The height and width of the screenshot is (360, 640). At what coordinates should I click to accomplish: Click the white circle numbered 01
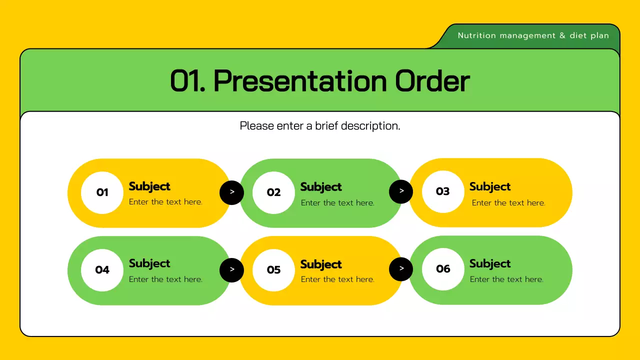[x=102, y=192]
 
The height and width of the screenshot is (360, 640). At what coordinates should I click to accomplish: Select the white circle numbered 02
[x=273, y=192]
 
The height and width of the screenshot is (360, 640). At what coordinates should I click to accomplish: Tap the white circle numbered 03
[x=443, y=191]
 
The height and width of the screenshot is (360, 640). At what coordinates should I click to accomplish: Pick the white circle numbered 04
[x=102, y=270]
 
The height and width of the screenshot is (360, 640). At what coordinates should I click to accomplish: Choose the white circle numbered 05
[x=273, y=270]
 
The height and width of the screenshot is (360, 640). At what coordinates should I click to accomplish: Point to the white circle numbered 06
[x=443, y=269]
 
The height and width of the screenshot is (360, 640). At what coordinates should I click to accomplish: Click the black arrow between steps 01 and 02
[x=232, y=192]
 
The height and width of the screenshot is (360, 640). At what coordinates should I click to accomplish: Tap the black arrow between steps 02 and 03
[x=401, y=191]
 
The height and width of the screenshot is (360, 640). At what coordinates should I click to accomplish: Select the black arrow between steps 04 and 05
[x=232, y=270]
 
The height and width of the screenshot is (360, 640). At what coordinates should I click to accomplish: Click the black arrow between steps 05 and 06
[x=401, y=269]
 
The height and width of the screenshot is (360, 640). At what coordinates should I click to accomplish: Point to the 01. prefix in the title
[x=188, y=81]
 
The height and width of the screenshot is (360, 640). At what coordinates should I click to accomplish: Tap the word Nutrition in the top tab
[x=477, y=35]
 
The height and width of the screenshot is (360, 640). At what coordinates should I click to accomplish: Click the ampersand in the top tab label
[x=562, y=35]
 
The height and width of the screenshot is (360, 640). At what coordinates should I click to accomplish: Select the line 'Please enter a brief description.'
[x=320, y=126]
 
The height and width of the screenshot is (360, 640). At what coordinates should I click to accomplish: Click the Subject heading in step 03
[x=490, y=186]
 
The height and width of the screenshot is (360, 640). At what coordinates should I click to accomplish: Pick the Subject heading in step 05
[x=321, y=264]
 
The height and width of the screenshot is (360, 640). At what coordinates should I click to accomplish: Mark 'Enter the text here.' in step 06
[x=506, y=279]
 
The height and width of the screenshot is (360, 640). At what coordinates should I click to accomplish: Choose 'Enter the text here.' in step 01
[x=165, y=202]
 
